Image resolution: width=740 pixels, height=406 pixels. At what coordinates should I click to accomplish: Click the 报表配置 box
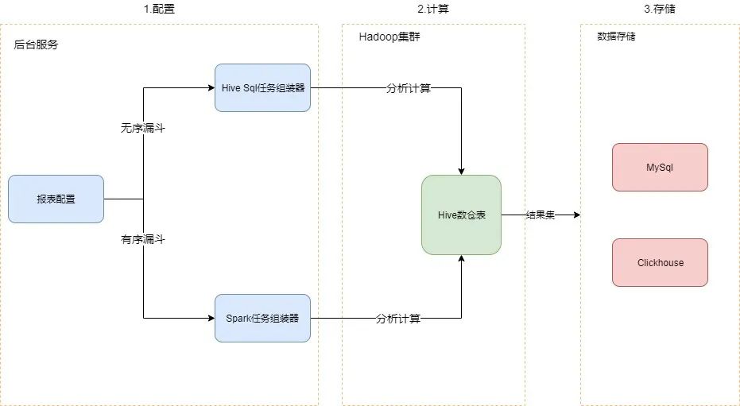(56, 199)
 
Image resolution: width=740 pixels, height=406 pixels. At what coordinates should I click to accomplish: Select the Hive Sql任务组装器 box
(262, 87)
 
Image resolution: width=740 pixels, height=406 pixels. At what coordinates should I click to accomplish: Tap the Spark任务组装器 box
(262, 318)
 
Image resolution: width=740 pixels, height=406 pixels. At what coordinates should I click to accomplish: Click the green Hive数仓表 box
(461, 215)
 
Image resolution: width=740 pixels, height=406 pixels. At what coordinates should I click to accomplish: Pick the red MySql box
(660, 167)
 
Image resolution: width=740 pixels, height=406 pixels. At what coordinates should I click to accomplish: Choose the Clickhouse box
(660, 262)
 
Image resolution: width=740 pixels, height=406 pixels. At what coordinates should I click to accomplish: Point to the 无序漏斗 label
(142, 128)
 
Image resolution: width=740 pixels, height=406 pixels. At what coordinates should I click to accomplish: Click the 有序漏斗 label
(142, 239)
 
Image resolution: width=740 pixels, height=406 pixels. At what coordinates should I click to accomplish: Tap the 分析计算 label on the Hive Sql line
(409, 88)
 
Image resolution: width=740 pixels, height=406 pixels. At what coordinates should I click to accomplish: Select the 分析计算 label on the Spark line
(398, 319)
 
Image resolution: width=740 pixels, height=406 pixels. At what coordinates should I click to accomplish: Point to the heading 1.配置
(159, 10)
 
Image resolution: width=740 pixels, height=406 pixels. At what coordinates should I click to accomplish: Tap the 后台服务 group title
(36, 45)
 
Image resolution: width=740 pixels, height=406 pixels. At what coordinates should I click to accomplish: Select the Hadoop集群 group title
(389, 37)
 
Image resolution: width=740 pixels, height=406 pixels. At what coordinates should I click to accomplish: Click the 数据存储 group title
(616, 37)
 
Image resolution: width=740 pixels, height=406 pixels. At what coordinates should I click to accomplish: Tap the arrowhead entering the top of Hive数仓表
(461, 170)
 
